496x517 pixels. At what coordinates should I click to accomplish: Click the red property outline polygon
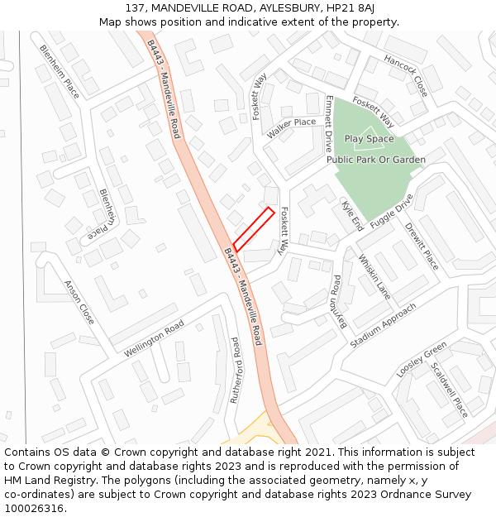click(253, 228)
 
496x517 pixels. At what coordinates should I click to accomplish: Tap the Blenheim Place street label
click(60, 71)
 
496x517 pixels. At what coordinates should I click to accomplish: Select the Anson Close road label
click(79, 301)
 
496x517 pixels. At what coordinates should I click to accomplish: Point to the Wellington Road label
click(155, 340)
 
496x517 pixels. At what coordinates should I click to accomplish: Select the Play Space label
click(369, 139)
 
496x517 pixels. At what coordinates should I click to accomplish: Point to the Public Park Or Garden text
click(376, 160)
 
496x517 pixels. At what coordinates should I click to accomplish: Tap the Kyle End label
click(352, 215)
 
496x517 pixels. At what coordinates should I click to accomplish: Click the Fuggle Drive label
click(391, 212)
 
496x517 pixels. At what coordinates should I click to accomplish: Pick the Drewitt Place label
click(422, 245)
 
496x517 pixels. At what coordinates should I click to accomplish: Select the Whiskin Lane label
click(374, 275)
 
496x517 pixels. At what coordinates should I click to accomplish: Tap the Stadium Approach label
click(384, 325)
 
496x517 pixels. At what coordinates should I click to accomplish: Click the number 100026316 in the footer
click(33, 509)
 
